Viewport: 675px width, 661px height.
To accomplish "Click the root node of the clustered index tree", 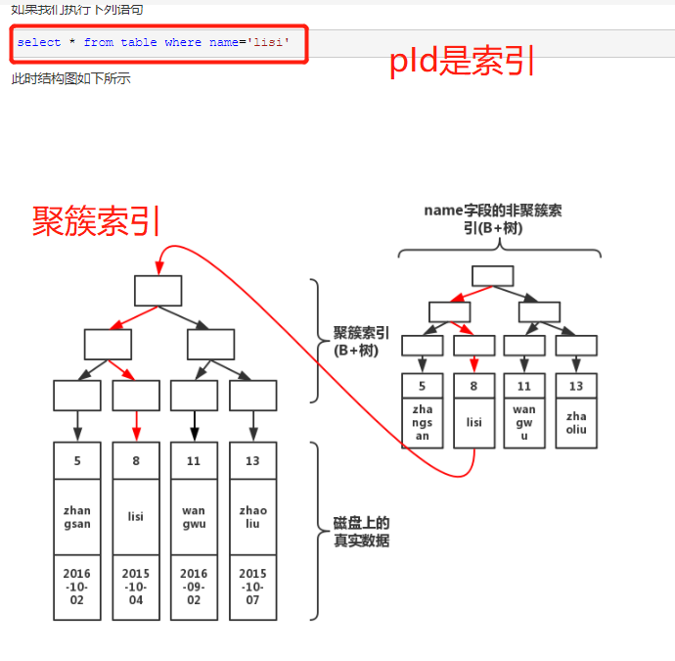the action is [x=157, y=290].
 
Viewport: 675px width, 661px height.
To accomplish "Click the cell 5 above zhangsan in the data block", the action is [x=76, y=460].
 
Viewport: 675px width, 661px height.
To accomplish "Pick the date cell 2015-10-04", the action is [x=135, y=587].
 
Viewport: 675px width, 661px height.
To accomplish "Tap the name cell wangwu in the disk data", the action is [x=194, y=517].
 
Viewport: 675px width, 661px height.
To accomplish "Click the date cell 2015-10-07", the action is [x=252, y=587].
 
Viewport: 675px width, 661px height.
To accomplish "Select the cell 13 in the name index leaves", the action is [x=576, y=386].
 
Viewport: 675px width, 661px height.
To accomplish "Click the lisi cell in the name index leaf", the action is [x=474, y=422].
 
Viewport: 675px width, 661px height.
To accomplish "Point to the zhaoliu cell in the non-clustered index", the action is [x=576, y=422].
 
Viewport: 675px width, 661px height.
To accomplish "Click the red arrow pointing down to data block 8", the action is [x=136, y=425].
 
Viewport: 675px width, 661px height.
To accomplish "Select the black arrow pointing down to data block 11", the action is [x=194, y=425].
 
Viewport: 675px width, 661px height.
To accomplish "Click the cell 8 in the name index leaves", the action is [x=474, y=386].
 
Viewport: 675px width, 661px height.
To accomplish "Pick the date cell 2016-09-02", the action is [x=194, y=587].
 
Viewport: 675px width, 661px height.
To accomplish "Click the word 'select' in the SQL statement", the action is [x=39, y=42].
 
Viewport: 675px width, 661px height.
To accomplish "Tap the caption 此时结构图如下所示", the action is [x=70, y=78].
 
